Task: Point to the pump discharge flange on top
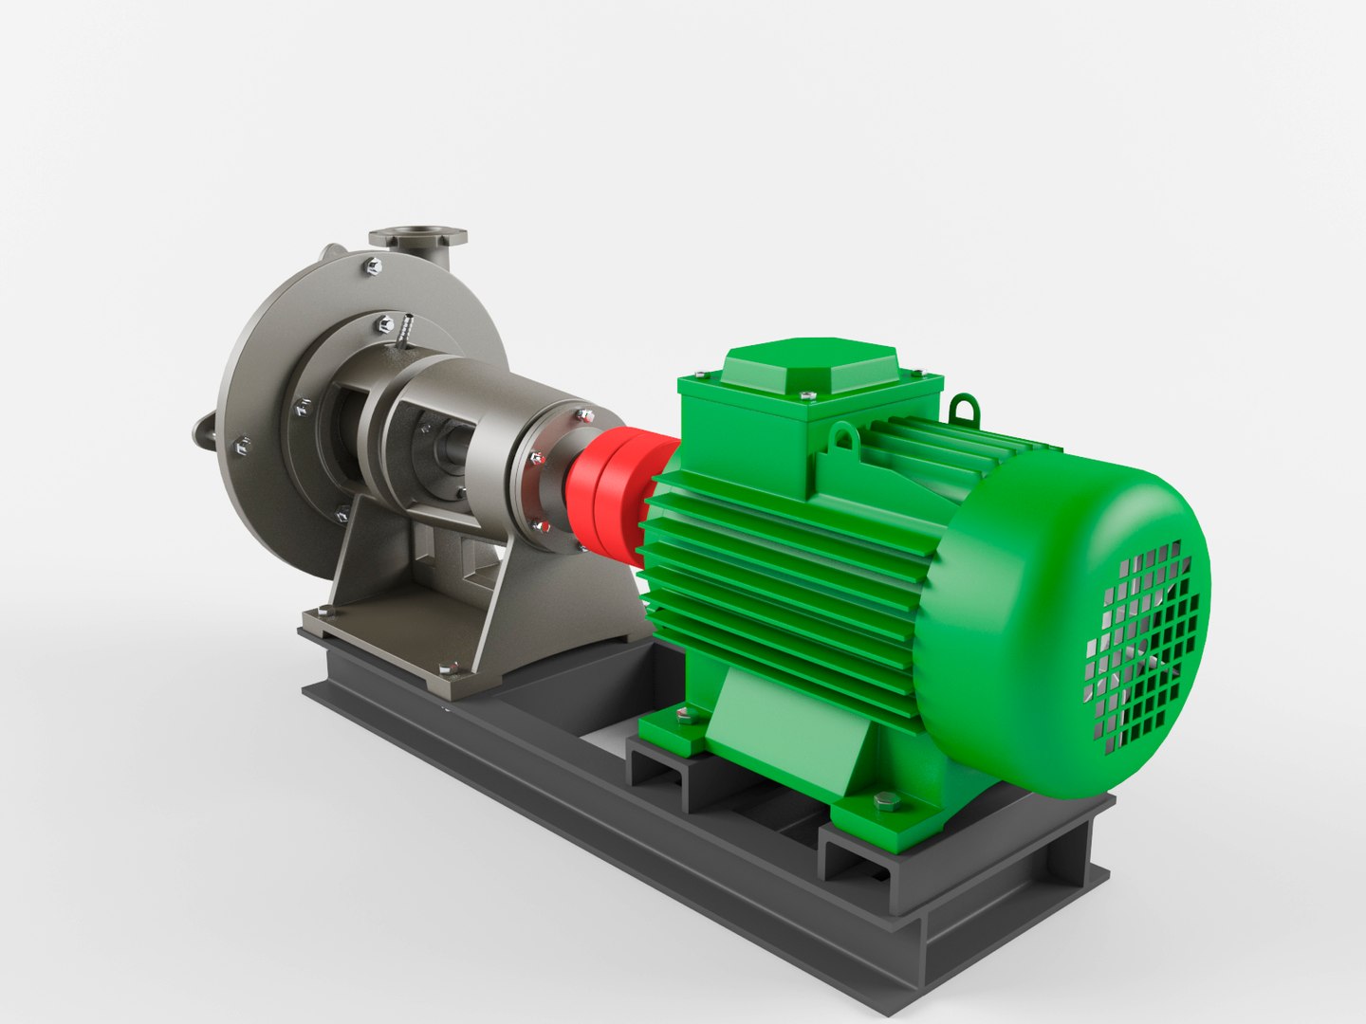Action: coord(418,234)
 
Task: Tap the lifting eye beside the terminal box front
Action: coord(843,437)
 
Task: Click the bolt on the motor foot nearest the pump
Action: coord(681,718)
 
